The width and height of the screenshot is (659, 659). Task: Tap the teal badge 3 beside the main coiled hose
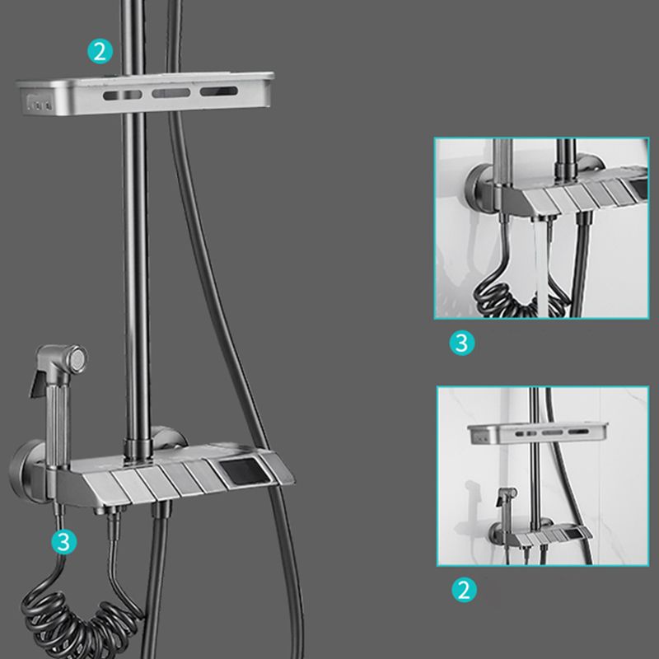click(x=63, y=540)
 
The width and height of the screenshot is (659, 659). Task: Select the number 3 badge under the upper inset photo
click(x=462, y=342)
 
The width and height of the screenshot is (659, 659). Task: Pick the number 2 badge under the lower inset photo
click(x=465, y=589)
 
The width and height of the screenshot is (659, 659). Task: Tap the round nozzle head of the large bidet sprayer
click(x=76, y=358)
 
